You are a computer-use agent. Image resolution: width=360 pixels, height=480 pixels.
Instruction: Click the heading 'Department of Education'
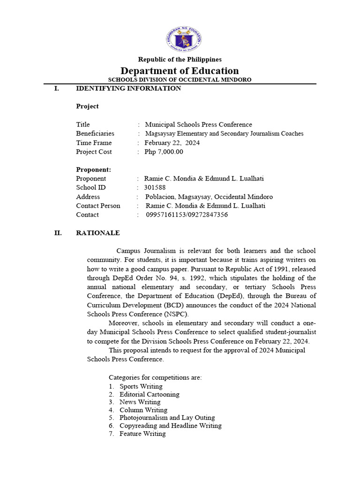180,71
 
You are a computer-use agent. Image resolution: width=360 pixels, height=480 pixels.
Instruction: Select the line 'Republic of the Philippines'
180,60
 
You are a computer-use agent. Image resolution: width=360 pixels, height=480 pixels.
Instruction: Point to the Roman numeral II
59,233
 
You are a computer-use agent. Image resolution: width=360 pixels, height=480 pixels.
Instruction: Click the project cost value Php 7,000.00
164,152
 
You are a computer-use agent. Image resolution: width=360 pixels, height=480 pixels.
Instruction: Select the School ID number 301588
155,187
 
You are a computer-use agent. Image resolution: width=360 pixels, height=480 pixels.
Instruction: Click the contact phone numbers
187,215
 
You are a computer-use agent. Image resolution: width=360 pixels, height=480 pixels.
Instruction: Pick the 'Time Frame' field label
94,143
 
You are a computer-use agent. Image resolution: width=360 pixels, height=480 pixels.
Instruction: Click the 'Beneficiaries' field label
95,134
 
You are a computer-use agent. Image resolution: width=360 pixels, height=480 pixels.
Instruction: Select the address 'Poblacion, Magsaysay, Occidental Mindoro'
209,197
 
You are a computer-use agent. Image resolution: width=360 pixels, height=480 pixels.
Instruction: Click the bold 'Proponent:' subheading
94,170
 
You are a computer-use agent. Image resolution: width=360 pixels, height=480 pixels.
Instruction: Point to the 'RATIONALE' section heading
98,233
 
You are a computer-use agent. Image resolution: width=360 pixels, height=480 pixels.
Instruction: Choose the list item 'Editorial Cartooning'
149,394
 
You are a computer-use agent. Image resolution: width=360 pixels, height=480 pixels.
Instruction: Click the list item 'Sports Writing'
141,386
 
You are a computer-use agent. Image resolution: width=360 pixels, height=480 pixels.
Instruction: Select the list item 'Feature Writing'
142,434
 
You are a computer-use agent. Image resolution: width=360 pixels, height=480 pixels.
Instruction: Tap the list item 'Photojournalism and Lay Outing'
167,418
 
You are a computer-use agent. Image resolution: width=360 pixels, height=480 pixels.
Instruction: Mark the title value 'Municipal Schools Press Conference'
198,125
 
